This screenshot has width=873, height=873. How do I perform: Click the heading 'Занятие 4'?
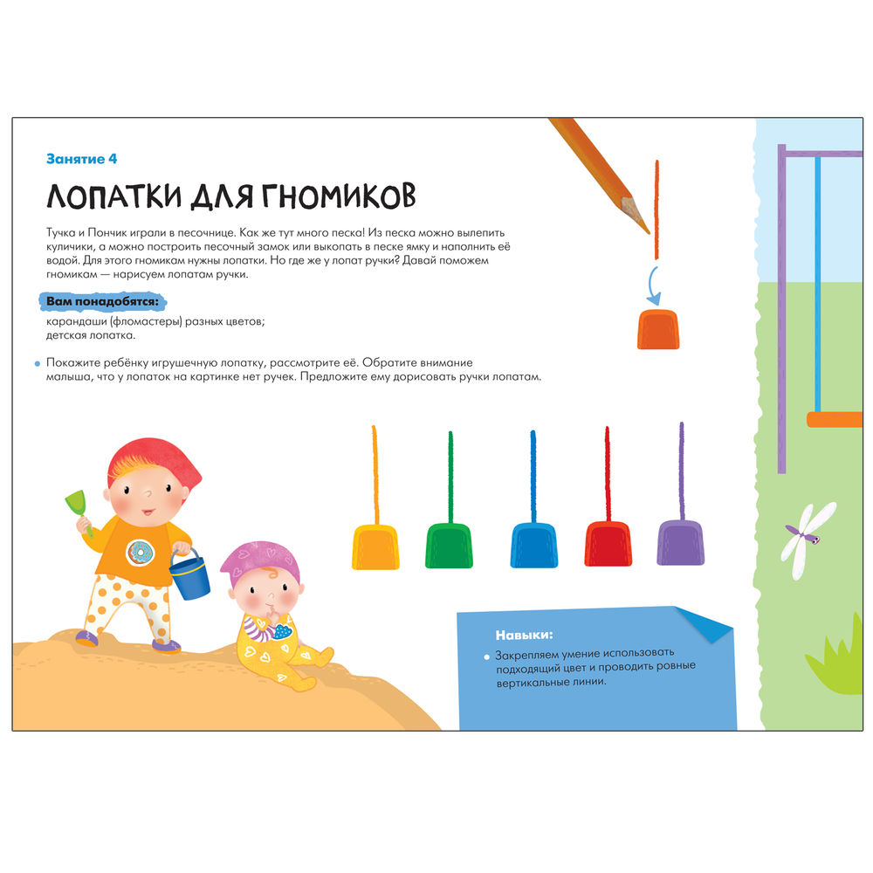pos(82,159)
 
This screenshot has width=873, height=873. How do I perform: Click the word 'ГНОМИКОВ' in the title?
pos(339,196)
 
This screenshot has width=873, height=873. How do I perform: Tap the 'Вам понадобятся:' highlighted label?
pos(102,302)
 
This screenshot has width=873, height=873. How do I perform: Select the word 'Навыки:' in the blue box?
pos(524,635)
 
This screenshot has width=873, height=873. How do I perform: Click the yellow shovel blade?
pos(375,546)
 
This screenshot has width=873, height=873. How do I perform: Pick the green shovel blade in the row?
pos(449,546)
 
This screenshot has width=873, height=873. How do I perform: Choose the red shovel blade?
pos(608,544)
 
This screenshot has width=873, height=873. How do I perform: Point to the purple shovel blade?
pos(680,543)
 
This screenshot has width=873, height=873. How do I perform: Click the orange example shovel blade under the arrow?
pos(658,330)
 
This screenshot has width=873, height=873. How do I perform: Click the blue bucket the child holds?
pos(189,578)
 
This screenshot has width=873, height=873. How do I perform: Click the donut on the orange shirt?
pos(140,553)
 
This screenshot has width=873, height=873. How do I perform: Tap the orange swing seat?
pos(835,419)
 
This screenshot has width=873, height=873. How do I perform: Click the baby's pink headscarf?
pos(260,562)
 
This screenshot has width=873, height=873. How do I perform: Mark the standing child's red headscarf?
pos(155,466)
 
